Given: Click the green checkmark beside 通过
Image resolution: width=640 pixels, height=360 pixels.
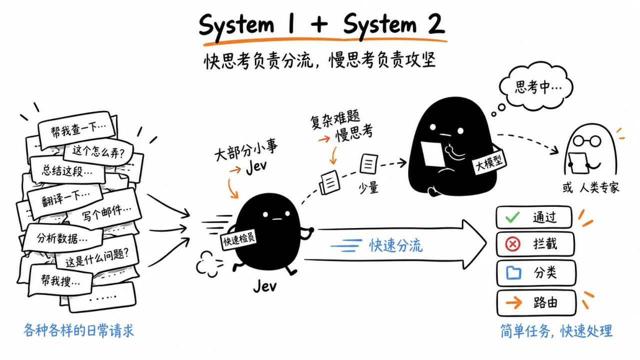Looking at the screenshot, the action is click(512, 217).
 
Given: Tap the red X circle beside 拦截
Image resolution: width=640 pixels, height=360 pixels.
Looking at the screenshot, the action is click(512, 244).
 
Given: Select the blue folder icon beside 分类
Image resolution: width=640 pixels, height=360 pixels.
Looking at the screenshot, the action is click(513, 272).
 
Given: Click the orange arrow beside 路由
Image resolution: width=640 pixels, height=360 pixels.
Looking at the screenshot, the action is click(513, 302).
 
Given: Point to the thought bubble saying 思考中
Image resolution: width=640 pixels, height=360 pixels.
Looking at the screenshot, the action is click(536, 86).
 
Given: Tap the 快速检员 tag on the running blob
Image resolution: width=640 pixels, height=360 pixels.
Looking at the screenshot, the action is click(239, 239).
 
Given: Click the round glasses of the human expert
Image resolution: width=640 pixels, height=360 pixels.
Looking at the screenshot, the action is click(587, 141).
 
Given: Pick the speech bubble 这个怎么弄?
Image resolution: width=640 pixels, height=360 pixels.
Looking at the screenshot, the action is click(98, 151).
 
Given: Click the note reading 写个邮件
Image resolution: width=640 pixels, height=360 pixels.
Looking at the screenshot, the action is click(105, 211).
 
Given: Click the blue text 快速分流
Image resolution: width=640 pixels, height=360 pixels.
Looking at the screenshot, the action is click(395, 245).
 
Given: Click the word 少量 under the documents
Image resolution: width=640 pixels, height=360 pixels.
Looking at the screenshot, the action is click(368, 188).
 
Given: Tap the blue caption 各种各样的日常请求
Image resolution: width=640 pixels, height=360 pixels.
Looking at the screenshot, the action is click(79, 330).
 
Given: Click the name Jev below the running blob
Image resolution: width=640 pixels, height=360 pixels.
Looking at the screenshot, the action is click(265, 285).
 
